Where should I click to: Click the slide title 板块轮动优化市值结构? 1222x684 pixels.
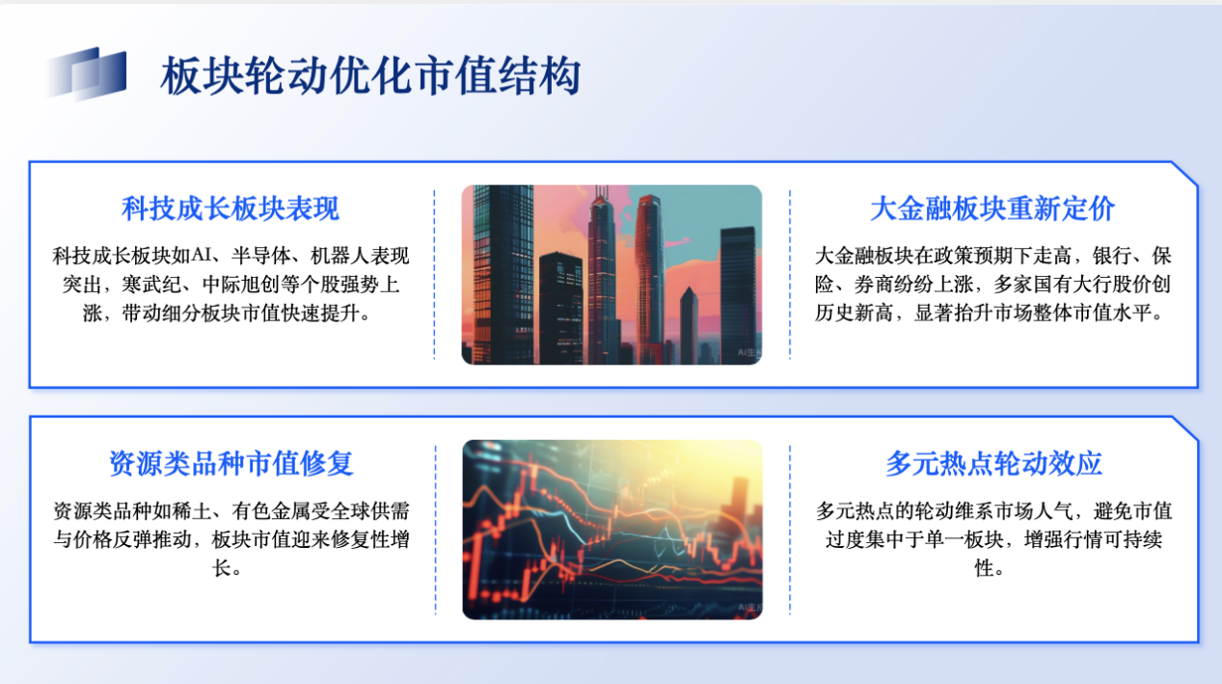click(370, 76)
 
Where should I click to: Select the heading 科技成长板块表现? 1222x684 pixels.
click(231, 208)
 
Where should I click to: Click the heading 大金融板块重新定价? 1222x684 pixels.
click(992, 208)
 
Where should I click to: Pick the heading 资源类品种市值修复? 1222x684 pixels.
click(231, 463)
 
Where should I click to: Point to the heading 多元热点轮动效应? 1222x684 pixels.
click(993, 463)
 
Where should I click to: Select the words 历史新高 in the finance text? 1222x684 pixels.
click(855, 314)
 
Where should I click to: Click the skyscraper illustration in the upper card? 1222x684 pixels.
click(611, 275)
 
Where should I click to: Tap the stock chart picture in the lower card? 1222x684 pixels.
click(612, 530)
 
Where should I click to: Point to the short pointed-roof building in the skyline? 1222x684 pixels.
click(689, 325)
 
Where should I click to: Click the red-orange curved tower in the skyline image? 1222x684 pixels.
click(650, 279)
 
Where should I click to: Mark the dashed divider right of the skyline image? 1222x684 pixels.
click(790, 275)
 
